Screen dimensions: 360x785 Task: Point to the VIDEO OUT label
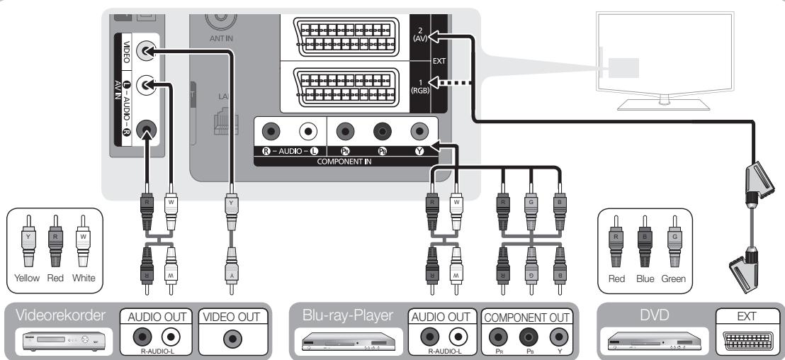click(x=231, y=317)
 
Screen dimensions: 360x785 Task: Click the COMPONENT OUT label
click(x=526, y=317)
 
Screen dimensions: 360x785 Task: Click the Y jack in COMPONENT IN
click(x=420, y=130)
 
